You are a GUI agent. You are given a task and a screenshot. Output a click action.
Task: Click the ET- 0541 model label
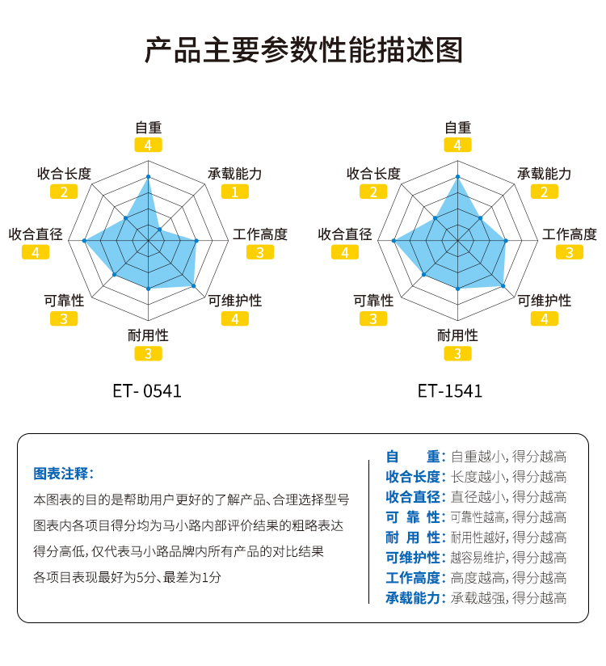pyautogui.click(x=148, y=392)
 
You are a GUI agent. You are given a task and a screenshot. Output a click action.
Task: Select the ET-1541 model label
pyautogui.click(x=450, y=392)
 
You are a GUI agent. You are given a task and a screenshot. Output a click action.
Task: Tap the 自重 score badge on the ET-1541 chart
pyautogui.click(x=457, y=145)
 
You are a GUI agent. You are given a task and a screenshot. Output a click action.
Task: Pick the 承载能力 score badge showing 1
pyautogui.click(x=234, y=192)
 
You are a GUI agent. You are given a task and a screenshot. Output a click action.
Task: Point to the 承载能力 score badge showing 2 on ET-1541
pyautogui.click(x=544, y=192)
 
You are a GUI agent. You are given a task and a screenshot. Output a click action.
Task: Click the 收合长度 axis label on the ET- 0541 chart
pyautogui.click(x=64, y=174)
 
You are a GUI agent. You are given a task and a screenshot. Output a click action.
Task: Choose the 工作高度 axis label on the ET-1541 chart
pyautogui.click(x=569, y=234)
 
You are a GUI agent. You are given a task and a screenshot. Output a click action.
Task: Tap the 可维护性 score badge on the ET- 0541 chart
pyautogui.click(x=234, y=318)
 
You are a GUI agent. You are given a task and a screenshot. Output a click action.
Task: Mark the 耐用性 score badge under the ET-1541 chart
pyautogui.click(x=457, y=353)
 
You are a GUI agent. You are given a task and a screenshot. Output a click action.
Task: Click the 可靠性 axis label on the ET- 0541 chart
pyautogui.click(x=64, y=301)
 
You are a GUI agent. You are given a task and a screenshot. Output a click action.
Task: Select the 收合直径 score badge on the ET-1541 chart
pyautogui.click(x=345, y=252)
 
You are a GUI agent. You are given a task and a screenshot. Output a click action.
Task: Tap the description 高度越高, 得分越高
pyautogui.click(x=508, y=578)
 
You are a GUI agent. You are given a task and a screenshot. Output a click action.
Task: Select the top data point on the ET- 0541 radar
pyautogui.click(x=148, y=176)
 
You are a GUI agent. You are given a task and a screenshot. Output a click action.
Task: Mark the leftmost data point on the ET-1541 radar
pyautogui.click(x=393, y=240)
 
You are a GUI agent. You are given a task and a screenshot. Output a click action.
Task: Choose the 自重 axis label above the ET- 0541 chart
pyautogui.click(x=148, y=127)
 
